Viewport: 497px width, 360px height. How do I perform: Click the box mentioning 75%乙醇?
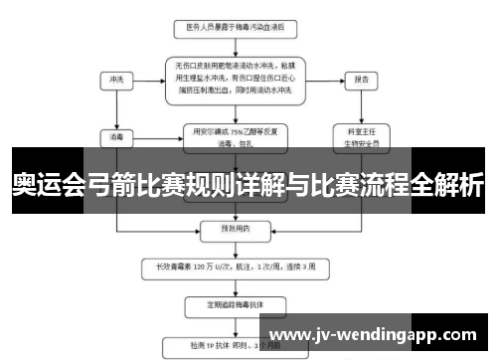pos(235,135)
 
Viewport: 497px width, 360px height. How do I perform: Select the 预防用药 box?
pos(235,227)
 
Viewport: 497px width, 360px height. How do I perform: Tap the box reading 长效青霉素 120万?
pos(235,267)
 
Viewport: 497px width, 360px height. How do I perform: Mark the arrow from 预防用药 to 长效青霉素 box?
pos(235,247)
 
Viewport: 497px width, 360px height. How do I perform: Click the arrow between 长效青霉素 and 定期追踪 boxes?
pos(235,284)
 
